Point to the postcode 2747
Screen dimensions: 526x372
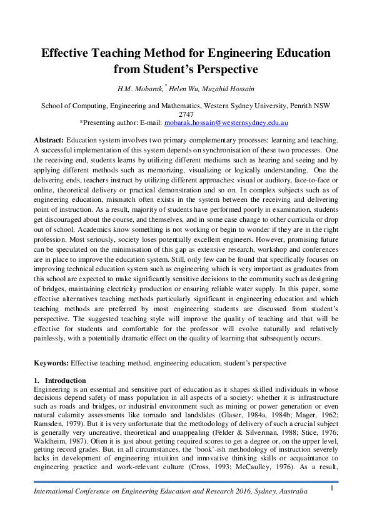coord(186,114)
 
